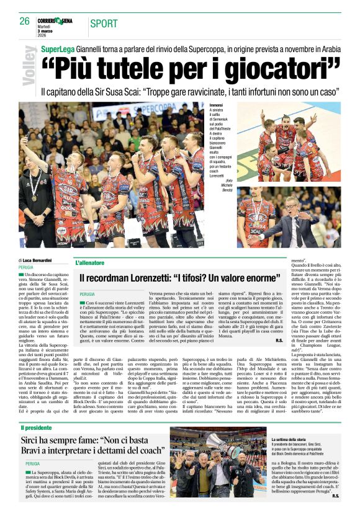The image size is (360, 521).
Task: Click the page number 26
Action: click(x=25, y=21)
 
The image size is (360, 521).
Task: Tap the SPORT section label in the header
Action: click(x=104, y=24)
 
